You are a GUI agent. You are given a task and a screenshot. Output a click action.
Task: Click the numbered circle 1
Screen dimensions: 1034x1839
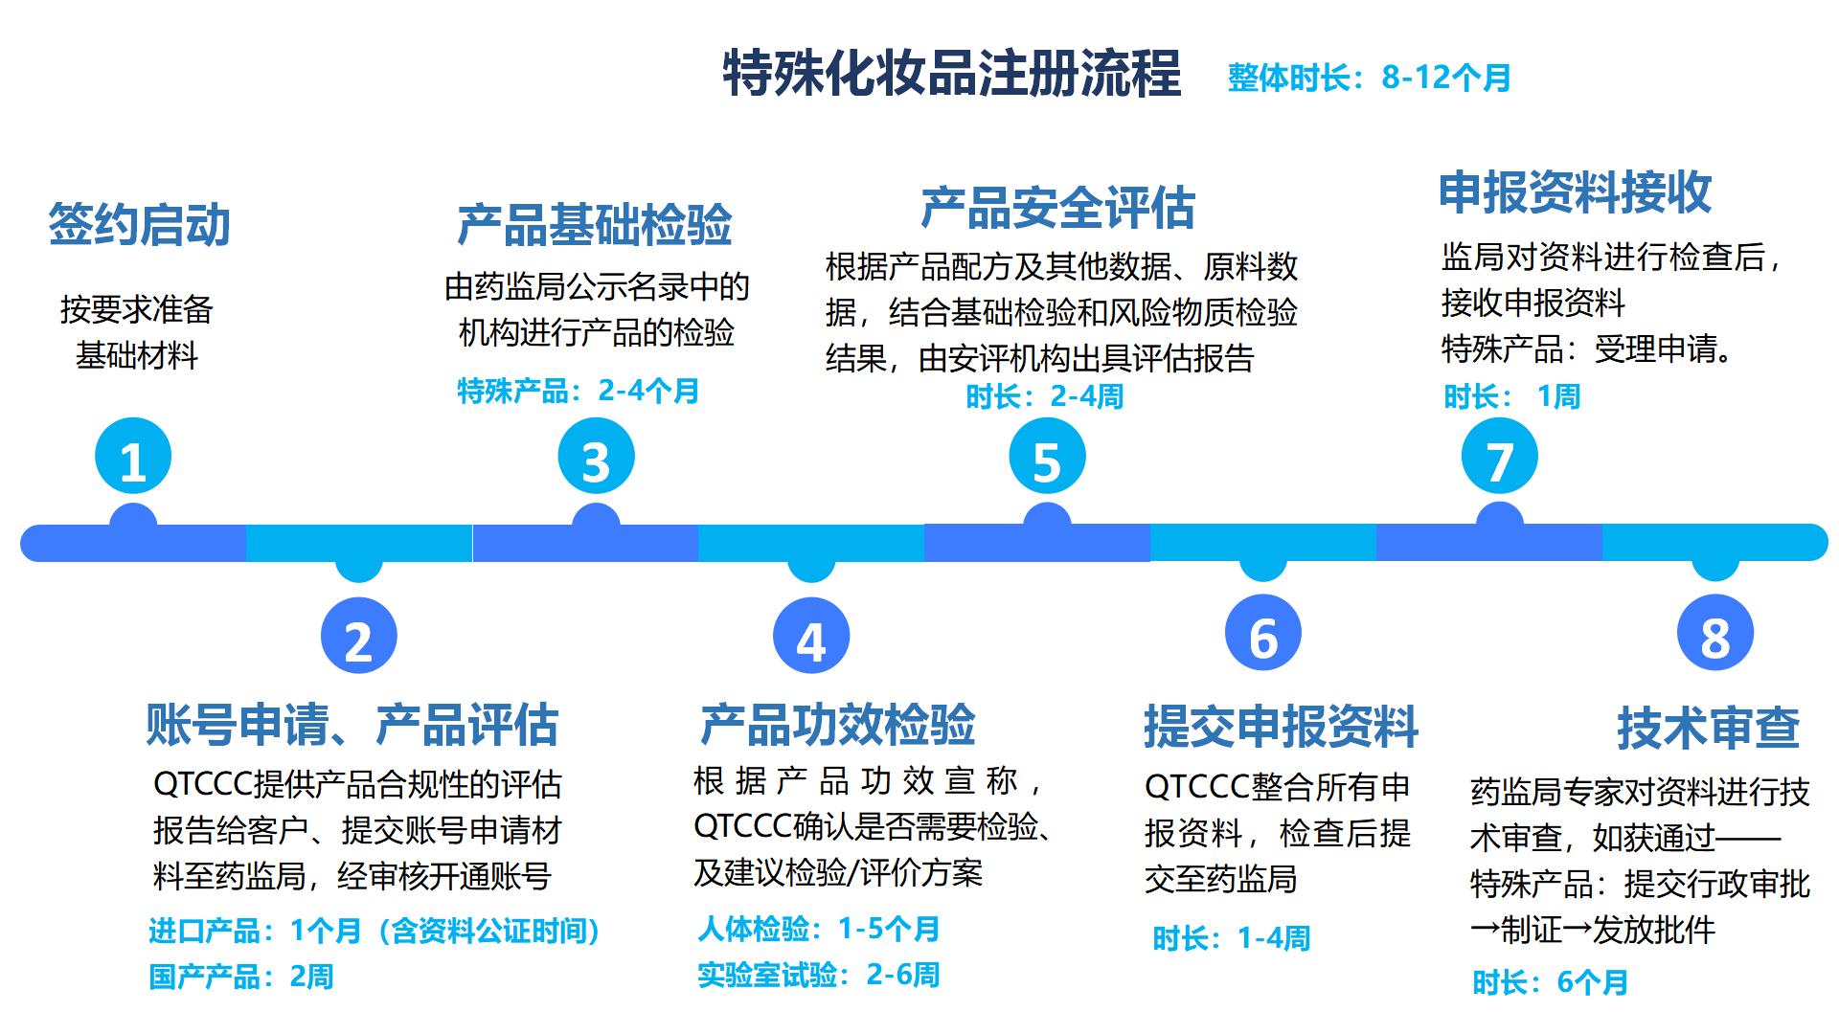133,457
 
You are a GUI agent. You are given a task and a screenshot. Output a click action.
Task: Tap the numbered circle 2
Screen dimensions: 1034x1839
358,637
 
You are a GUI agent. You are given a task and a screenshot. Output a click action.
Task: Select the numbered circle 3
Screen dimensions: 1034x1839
596,457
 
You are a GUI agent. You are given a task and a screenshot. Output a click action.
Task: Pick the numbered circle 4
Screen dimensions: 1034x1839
810,637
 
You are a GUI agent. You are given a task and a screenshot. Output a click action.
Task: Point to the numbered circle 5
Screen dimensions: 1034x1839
1047,457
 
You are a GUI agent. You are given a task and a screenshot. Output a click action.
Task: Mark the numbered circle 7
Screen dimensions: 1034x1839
1499,457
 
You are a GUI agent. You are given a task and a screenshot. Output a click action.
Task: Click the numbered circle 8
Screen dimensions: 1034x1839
1714,634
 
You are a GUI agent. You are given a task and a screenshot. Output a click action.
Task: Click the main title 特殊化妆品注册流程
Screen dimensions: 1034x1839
951,73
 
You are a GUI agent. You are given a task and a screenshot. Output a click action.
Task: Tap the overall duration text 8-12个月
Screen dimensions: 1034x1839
1369,78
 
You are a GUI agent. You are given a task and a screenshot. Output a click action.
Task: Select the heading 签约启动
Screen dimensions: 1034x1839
140,225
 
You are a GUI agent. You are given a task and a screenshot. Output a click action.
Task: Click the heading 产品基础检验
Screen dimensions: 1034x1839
595,225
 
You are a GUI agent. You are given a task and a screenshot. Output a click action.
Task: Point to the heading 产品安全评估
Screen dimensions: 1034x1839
1057,208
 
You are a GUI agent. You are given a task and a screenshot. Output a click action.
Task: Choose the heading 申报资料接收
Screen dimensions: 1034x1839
1575,192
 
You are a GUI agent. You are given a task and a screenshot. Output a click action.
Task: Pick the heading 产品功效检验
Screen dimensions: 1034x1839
837,725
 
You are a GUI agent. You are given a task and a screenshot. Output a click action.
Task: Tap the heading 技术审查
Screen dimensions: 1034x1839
1708,728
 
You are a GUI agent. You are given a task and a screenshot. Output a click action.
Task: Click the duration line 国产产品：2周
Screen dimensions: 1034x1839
241,977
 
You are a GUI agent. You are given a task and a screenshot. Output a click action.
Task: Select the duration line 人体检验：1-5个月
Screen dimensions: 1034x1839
819,929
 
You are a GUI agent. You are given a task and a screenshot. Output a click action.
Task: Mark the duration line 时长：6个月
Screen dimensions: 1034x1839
1550,982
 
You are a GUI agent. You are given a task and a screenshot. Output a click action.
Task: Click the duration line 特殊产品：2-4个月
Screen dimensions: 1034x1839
579,391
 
